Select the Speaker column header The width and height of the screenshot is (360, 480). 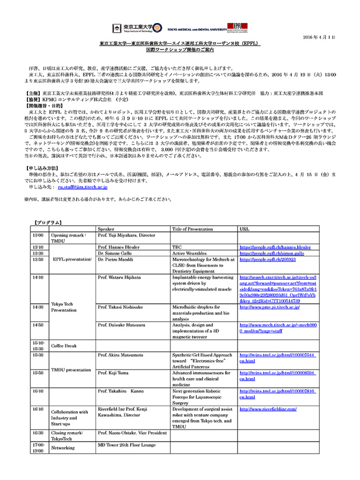[106, 229]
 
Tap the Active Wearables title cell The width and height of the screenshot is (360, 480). [189, 253]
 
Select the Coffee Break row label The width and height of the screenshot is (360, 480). [64, 345]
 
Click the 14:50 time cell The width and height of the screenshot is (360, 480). [38, 325]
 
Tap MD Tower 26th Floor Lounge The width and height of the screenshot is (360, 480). [127, 445]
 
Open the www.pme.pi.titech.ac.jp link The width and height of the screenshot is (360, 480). [271, 307]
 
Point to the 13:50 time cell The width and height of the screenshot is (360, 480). [38, 259]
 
